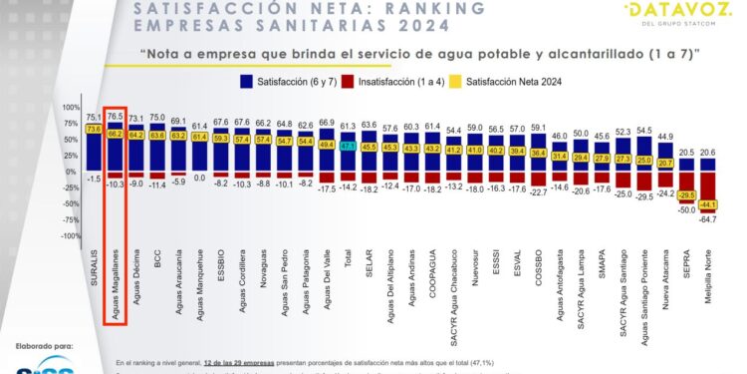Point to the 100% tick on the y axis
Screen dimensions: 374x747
point(71,107)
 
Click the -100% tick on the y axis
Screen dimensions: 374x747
point(69,236)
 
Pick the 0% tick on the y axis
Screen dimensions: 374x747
point(75,172)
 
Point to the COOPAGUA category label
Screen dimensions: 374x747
point(430,269)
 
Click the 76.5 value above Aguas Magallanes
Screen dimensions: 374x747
point(116,116)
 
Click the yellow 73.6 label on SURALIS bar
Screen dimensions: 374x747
point(94,129)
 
